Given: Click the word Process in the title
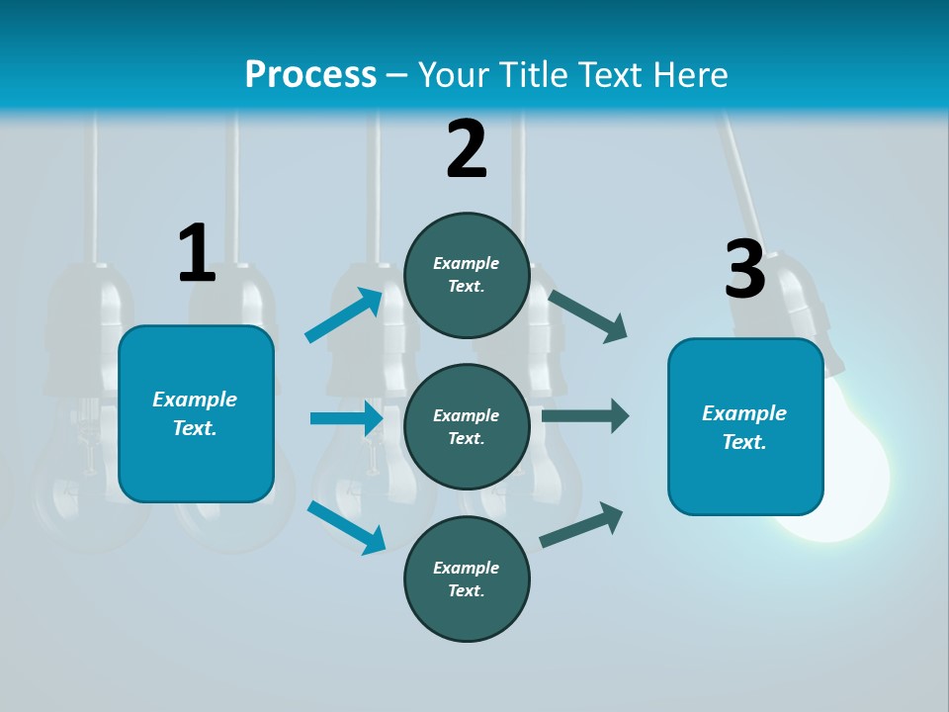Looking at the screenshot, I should pyautogui.click(x=310, y=75).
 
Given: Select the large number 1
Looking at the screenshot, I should pyautogui.click(x=197, y=254).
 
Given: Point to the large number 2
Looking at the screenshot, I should pyautogui.click(x=467, y=149).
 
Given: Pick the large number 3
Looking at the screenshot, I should pyautogui.click(x=744, y=270).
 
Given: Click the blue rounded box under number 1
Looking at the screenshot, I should pyautogui.click(x=196, y=413).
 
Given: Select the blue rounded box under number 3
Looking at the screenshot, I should pyautogui.click(x=745, y=426).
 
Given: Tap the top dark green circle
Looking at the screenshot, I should pyautogui.click(x=467, y=275).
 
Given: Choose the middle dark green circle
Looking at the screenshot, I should pyautogui.click(x=467, y=426).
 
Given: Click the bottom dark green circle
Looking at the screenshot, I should pyautogui.click(x=467, y=578).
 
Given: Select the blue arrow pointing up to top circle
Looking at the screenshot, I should pyautogui.click(x=344, y=315).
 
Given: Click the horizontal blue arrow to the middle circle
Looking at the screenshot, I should pyautogui.click(x=346, y=418).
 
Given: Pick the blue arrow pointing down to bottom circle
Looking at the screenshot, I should pyautogui.click(x=346, y=526).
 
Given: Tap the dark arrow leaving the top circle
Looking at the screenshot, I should pyautogui.click(x=588, y=315).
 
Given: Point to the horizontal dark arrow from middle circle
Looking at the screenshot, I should pyautogui.click(x=585, y=415).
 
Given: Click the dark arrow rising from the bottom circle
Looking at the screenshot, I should pyautogui.click(x=581, y=525).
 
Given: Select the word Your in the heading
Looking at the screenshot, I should pyautogui.click(x=452, y=75).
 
